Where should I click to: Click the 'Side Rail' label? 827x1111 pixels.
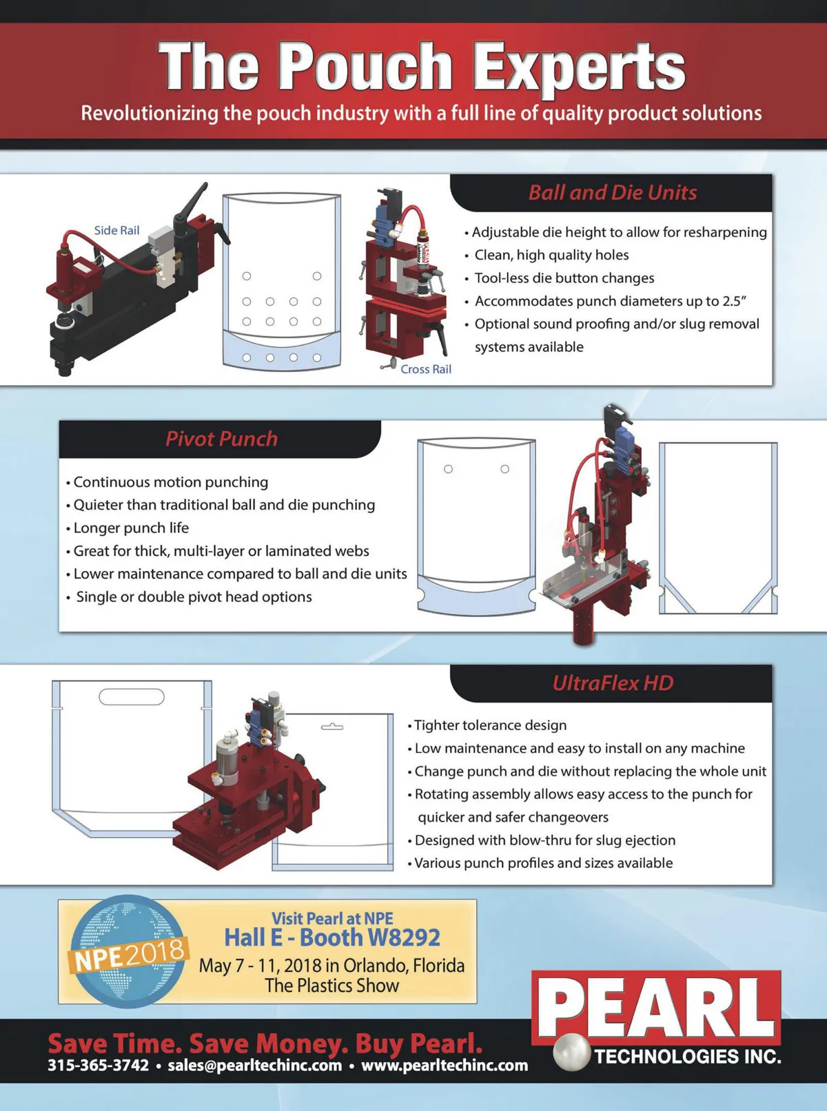pyautogui.click(x=116, y=231)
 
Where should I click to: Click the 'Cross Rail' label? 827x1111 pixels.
pyautogui.click(x=425, y=369)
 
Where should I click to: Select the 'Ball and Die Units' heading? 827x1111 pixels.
pyautogui.click(x=613, y=192)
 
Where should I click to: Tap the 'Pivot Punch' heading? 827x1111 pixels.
pyautogui.click(x=221, y=439)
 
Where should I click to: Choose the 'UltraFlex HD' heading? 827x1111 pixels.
pyautogui.click(x=613, y=683)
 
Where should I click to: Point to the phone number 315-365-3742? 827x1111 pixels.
pyautogui.click(x=99, y=1065)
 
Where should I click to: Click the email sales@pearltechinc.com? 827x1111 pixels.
pyautogui.click(x=254, y=1065)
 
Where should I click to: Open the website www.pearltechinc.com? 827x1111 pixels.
pyautogui.click(x=445, y=1065)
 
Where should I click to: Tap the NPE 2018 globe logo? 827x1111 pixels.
pyautogui.click(x=127, y=951)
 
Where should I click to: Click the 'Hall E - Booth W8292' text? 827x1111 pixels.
pyautogui.click(x=331, y=937)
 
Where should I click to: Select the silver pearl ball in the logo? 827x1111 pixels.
pyautogui.click(x=572, y=1052)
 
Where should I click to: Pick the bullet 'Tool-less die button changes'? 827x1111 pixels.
pyautogui.click(x=560, y=278)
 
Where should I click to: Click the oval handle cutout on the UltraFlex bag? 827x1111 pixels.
pyautogui.click(x=132, y=697)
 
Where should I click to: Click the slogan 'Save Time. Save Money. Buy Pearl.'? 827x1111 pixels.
pyautogui.click(x=265, y=1043)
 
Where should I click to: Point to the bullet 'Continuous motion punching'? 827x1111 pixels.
pyautogui.click(x=167, y=482)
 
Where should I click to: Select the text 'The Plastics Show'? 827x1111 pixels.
pyautogui.click(x=331, y=986)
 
